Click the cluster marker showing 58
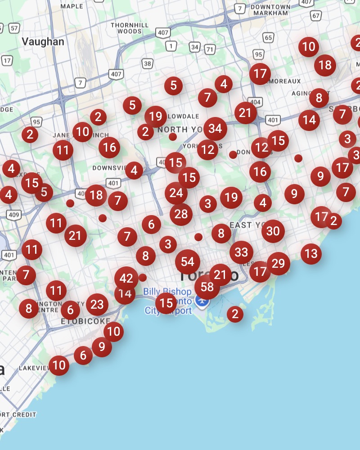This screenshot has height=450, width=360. [x=207, y=287]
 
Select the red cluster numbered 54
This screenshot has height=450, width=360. [x=188, y=262]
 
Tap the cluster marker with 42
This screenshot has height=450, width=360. [x=126, y=279]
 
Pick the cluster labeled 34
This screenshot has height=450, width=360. [x=215, y=129]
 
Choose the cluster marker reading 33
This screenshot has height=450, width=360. [x=241, y=252]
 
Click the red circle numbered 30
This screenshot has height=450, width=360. [x=273, y=231]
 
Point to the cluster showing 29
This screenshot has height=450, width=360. [x=278, y=263]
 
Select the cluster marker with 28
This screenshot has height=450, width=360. [x=181, y=214]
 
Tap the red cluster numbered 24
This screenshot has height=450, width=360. [x=176, y=193]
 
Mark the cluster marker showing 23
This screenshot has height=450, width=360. [x=97, y=305]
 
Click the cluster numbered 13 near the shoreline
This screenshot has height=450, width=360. [x=311, y=253]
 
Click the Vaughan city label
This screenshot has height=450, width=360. [x=43, y=42]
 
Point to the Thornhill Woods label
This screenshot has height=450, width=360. [x=126, y=28]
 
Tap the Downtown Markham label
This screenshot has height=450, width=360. [x=270, y=10]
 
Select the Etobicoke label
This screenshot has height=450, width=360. [x=85, y=321]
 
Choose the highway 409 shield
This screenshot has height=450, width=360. [x=13, y=216]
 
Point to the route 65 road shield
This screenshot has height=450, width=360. [x=269, y=37]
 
